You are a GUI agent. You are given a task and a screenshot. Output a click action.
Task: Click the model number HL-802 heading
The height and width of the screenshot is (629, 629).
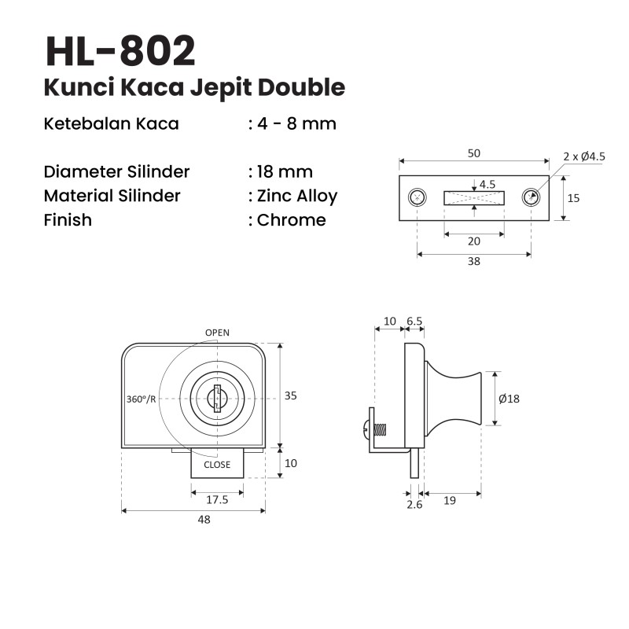click(121, 51)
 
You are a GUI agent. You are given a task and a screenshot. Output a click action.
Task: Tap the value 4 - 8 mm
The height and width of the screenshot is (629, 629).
click(297, 123)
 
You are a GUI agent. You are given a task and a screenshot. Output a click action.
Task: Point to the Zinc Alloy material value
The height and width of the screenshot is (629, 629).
click(297, 196)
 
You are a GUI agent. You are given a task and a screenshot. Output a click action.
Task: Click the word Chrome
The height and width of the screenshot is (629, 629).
click(291, 220)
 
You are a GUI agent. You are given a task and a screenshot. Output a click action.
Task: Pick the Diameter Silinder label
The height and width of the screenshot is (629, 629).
click(116, 171)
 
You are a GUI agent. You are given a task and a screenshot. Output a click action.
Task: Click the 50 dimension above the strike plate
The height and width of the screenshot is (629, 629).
click(474, 153)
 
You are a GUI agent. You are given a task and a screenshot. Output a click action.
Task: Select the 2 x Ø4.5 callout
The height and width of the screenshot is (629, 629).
click(584, 156)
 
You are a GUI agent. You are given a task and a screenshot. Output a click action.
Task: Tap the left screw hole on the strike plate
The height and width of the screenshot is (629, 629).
click(417, 197)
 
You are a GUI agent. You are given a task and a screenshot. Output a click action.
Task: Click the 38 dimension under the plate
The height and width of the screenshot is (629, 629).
click(474, 261)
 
